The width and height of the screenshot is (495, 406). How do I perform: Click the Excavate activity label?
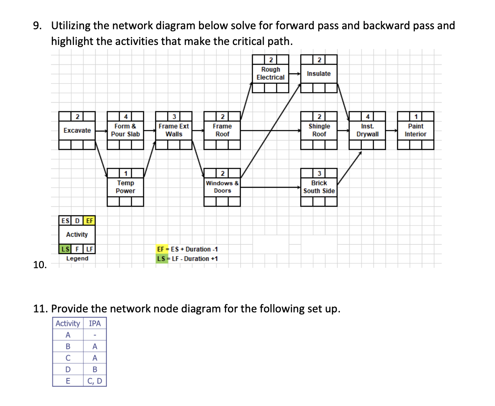click(x=77, y=130)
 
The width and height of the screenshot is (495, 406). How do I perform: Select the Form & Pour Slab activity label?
click(x=125, y=130)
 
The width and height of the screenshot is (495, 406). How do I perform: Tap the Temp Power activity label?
click(x=125, y=187)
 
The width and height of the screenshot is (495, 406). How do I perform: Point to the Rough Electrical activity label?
click(x=270, y=73)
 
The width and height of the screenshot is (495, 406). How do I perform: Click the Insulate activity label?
click(x=319, y=74)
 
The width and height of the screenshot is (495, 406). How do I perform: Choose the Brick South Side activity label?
click(x=319, y=187)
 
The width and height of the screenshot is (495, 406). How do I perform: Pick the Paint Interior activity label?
click(x=415, y=130)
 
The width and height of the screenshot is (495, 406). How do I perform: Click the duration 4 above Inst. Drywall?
click(x=367, y=116)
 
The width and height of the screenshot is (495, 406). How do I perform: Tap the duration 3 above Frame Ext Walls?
click(x=174, y=116)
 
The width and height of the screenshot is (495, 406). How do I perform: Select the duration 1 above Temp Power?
click(x=126, y=173)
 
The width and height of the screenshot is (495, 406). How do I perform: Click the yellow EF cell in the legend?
click(x=89, y=221)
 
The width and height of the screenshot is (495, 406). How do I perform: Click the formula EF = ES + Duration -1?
click(x=187, y=249)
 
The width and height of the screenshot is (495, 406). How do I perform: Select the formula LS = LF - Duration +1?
click(x=187, y=259)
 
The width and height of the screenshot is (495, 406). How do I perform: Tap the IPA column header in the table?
click(x=94, y=323)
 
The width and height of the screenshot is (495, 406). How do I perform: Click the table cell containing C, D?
click(x=94, y=381)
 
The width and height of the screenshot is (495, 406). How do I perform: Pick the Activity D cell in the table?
click(x=68, y=369)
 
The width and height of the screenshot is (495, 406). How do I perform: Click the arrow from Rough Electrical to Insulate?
click(x=295, y=74)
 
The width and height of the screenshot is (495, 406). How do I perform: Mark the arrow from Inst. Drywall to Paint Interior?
click(x=391, y=130)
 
